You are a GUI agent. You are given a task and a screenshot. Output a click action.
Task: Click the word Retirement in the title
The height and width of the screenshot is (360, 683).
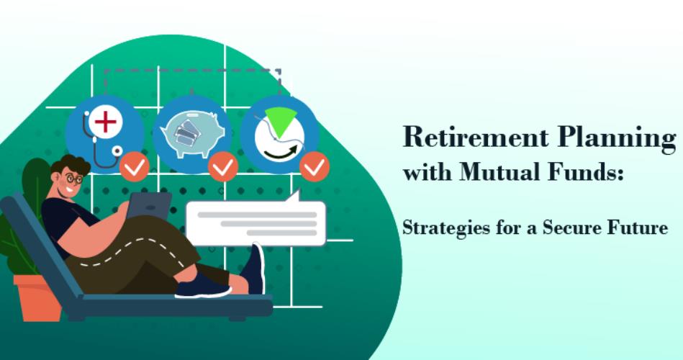(476, 137)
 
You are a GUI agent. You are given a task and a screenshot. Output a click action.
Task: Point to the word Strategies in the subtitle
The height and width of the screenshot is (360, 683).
(440, 228)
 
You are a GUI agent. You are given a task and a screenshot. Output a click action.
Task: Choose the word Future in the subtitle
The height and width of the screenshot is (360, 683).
(635, 228)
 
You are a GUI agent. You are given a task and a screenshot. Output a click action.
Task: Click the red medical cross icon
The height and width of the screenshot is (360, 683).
(105, 121)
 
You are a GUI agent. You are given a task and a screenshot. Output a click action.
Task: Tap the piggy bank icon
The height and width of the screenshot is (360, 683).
(191, 132)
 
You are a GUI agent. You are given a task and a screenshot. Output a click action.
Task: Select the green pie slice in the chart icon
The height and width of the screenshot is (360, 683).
(281, 120)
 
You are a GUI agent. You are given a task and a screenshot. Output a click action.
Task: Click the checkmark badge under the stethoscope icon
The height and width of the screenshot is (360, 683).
(134, 166)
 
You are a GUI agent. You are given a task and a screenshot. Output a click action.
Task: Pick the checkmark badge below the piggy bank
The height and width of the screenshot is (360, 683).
(222, 166)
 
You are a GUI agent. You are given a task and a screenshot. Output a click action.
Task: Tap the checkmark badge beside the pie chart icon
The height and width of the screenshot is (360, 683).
(314, 166)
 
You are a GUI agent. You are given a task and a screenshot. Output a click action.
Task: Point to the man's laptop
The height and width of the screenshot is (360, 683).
(148, 206)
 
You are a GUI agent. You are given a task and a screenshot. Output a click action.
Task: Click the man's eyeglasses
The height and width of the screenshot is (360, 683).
(74, 179)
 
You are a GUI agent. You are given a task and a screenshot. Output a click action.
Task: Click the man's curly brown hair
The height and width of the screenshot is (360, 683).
(72, 165)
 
